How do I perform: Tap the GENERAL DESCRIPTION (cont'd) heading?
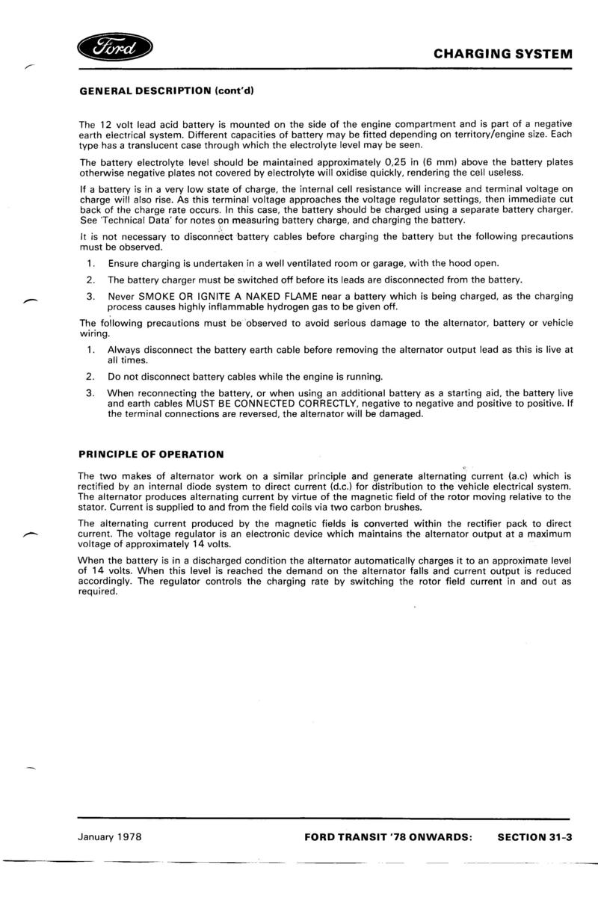[x=167, y=92]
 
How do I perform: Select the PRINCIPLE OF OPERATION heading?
[x=151, y=454]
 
